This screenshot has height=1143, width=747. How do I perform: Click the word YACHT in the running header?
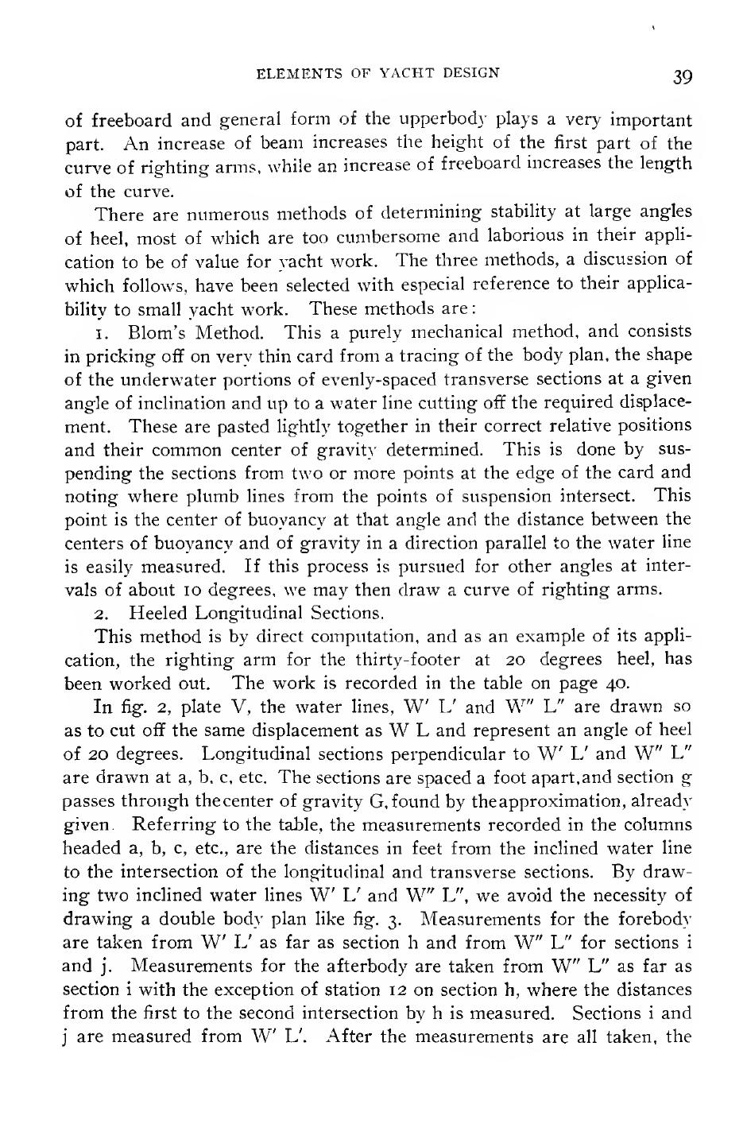point(409,74)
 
